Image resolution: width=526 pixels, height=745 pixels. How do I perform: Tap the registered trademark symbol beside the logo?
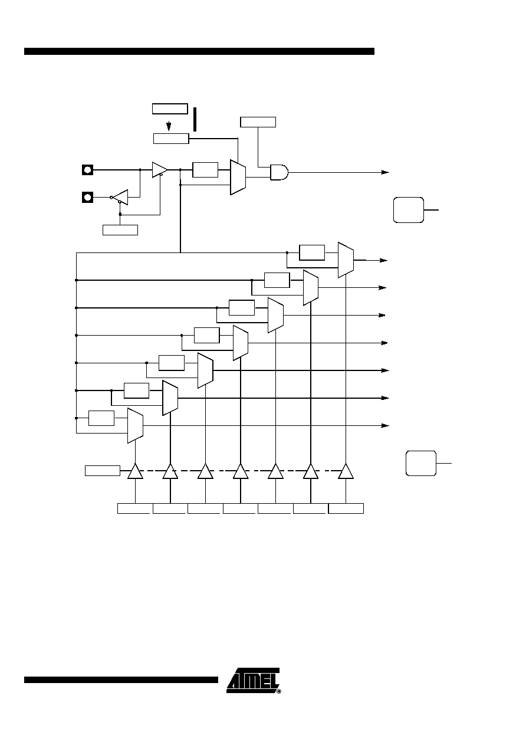(x=279, y=691)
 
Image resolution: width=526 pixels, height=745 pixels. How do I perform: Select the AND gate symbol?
(x=279, y=172)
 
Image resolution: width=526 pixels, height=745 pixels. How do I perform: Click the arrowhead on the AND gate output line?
(x=385, y=172)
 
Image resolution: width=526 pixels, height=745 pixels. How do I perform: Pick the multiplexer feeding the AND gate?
(x=238, y=178)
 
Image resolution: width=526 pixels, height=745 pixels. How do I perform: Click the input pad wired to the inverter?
(x=87, y=198)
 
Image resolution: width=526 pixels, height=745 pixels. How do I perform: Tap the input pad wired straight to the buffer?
(x=87, y=170)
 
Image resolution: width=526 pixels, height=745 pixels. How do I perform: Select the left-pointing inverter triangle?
(x=120, y=197)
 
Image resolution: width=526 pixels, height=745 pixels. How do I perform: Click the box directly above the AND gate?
(x=258, y=122)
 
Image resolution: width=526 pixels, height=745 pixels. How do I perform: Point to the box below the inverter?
(x=120, y=230)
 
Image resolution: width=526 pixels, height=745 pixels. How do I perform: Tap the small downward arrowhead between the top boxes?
(x=169, y=126)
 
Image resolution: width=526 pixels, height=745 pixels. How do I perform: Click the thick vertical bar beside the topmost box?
(x=195, y=119)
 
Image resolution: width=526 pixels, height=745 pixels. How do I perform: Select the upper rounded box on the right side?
(x=409, y=210)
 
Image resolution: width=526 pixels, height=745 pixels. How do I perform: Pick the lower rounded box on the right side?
(x=421, y=463)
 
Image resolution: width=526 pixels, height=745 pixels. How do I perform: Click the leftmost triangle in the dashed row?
(x=135, y=471)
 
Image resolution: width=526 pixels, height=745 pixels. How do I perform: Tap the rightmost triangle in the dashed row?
(x=346, y=471)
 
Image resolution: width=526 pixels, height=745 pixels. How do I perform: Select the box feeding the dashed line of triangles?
(x=103, y=471)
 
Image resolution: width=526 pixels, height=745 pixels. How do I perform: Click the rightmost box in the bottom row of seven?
(x=346, y=508)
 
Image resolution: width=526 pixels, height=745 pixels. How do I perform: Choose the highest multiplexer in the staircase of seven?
(x=346, y=260)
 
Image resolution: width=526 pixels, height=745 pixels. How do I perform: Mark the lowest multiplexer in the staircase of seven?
(x=135, y=425)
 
